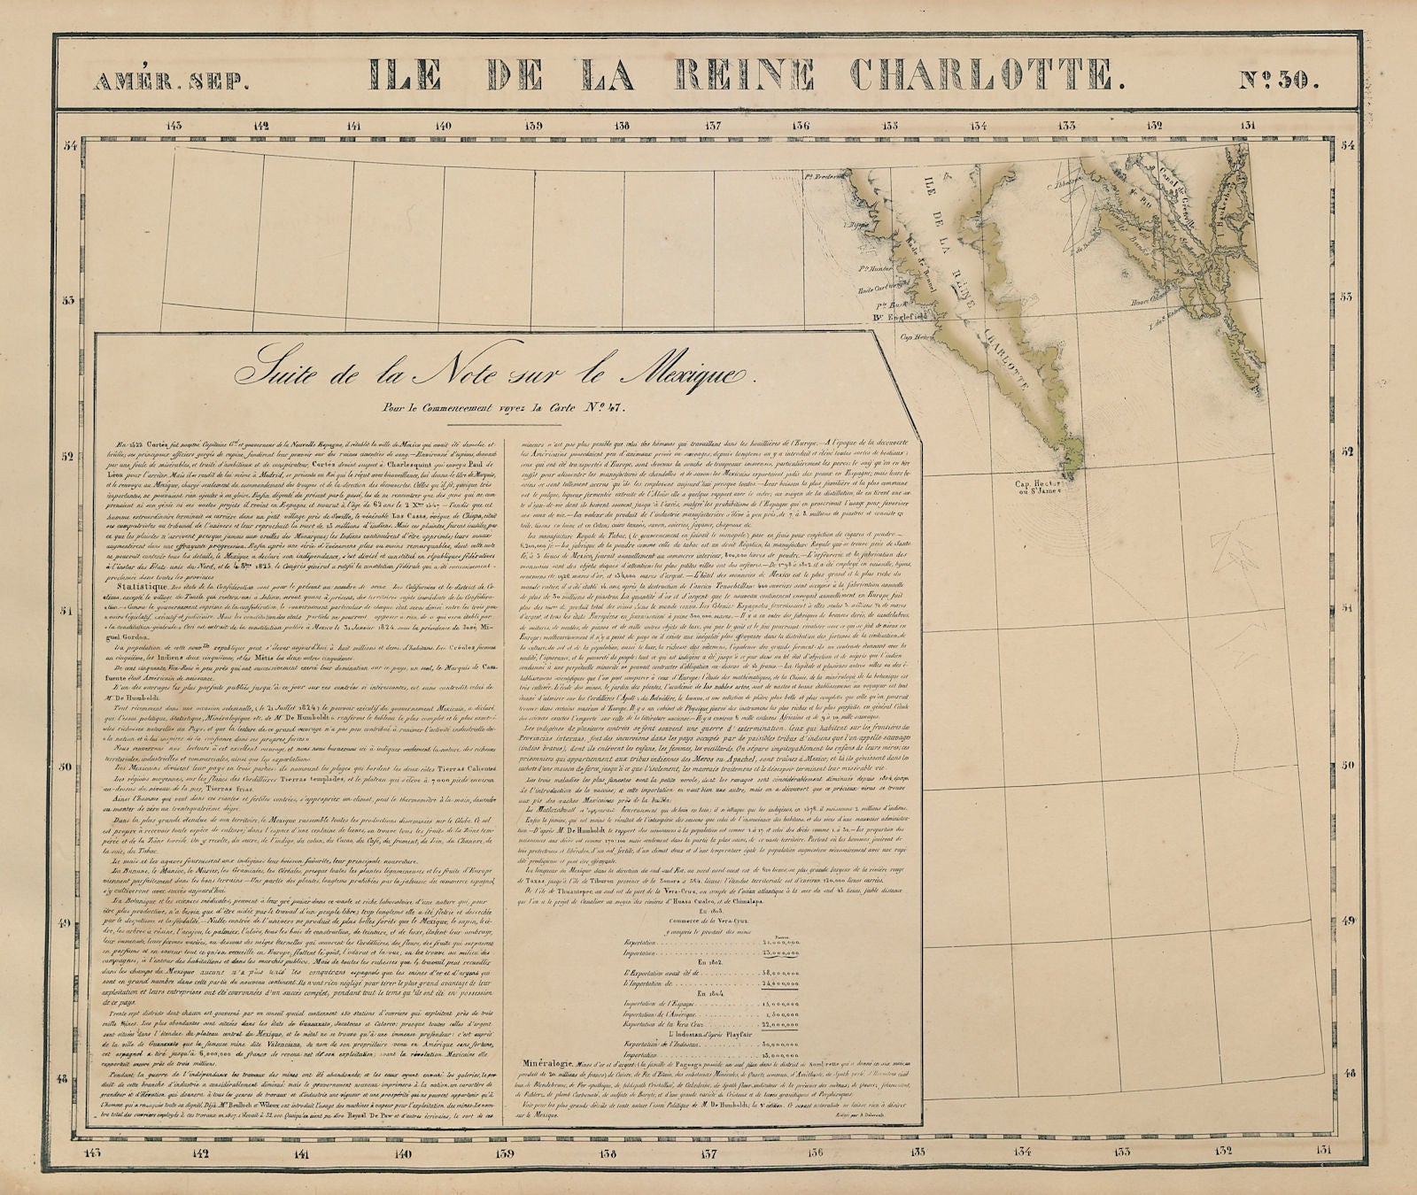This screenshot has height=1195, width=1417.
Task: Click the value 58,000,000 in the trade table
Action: coord(780,973)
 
